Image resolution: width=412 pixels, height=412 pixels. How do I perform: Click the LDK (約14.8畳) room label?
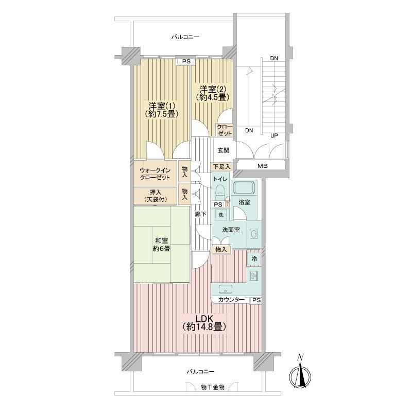pos(204,323)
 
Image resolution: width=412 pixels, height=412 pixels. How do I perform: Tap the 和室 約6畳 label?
pos(162,244)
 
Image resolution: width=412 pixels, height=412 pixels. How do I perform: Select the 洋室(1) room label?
pos(162,110)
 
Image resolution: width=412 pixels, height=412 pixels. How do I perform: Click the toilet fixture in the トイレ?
pos(219,193)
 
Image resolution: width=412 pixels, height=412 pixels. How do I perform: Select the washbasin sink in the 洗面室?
pos(254,234)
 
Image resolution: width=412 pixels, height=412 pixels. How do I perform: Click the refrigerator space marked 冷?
pos(254,259)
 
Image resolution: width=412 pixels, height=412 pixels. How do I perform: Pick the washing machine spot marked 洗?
pos(221,215)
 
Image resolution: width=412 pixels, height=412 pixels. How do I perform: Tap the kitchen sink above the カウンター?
pos(225,289)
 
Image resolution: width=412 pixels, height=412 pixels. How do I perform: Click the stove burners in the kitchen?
pos(254,276)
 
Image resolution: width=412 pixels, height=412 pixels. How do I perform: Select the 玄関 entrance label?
pos(224,150)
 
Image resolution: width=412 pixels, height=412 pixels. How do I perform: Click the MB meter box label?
pos(263,166)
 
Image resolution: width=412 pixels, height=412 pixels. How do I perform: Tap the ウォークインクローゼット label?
pos(155,174)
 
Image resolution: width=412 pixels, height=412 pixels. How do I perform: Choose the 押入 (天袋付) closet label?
pos(155,196)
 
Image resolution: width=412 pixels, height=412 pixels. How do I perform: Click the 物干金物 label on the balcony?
pos(213,387)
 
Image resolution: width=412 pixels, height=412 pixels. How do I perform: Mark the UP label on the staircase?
pos(274,136)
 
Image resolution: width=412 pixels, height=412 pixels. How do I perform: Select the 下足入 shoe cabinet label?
pos(221,166)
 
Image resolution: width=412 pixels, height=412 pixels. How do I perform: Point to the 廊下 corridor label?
pos(200,214)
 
